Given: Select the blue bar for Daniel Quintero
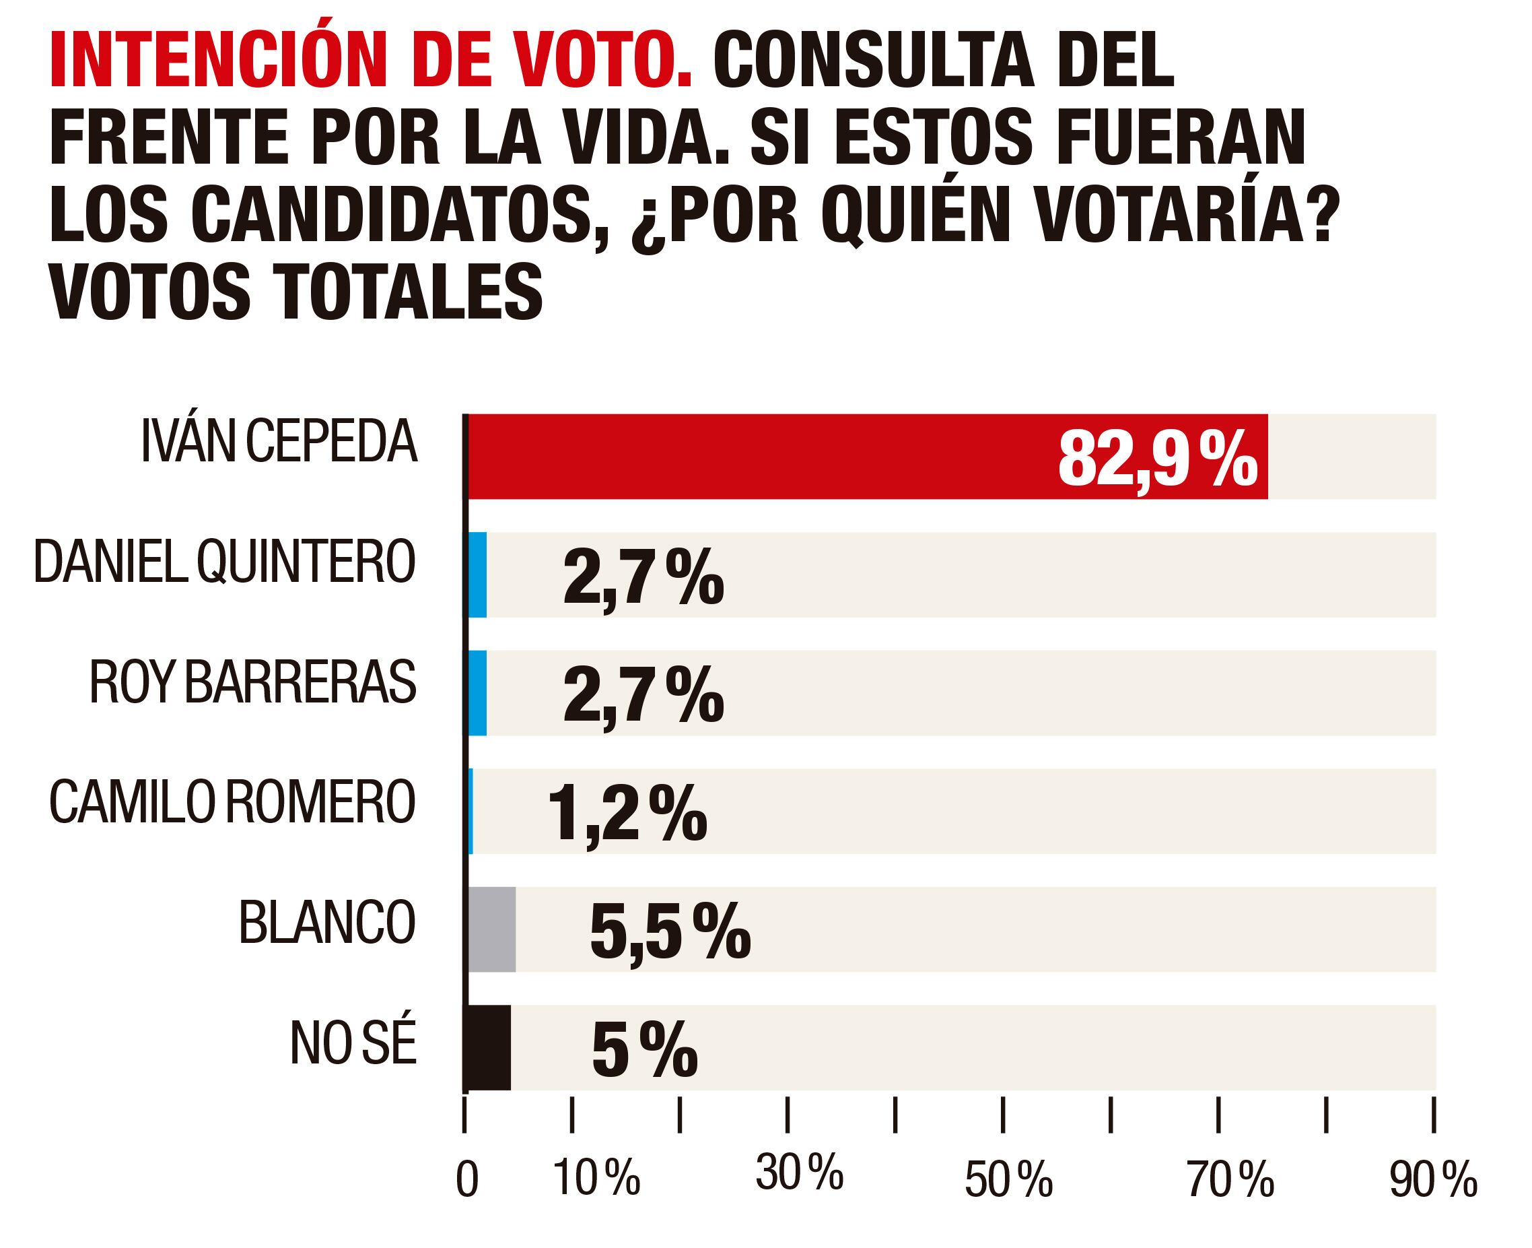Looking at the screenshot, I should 477,574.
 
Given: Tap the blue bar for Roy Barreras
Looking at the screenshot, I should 477,692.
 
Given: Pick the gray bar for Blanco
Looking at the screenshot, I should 491,929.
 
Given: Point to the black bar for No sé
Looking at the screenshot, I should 489,1047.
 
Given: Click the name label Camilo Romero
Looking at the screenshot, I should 232,802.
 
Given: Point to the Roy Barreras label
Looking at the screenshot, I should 253,682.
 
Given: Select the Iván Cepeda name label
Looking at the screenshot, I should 279,440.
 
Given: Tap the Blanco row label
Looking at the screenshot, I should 327,922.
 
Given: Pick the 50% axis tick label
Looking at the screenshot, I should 1008,1181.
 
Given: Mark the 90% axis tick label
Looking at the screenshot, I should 1433,1181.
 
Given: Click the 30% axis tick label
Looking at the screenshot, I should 799,1173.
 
